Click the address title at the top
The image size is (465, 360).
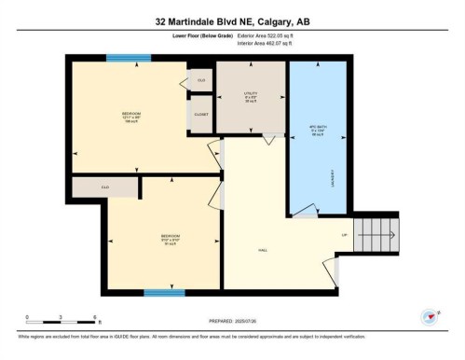click(x=232, y=21)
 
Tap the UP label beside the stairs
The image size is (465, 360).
click(x=345, y=234)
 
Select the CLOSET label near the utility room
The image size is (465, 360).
click(x=200, y=114)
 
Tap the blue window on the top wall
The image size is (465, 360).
click(x=129, y=58)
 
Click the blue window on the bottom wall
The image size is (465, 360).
click(x=163, y=293)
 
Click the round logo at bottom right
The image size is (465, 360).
click(x=431, y=317)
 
